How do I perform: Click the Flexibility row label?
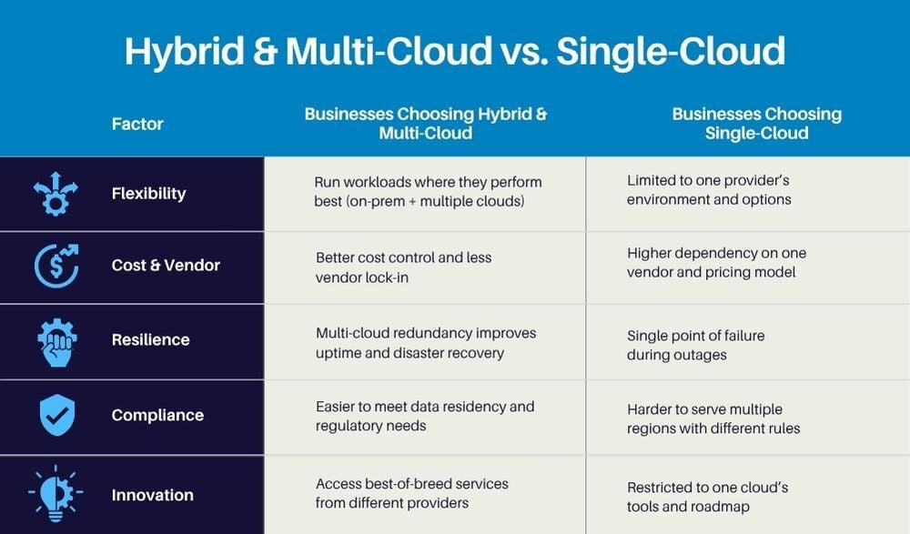[148, 193]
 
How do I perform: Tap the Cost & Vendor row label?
[166, 266]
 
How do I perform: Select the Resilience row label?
[150, 339]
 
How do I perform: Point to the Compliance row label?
[157, 415]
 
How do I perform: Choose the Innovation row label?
[152, 495]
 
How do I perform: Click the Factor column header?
[137, 124]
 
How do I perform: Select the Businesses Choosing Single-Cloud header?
[756, 124]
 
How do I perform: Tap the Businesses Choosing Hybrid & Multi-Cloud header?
[426, 124]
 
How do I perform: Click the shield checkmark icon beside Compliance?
[56, 415]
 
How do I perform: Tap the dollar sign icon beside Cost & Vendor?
[56, 266]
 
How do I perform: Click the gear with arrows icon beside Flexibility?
[56, 193]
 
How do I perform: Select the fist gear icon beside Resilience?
[56, 339]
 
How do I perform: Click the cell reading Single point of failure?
[695, 345]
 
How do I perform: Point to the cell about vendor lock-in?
[404, 267]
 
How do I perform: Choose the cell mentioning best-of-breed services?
[412, 493]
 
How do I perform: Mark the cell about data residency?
[425, 416]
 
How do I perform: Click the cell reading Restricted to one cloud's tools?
[707, 497]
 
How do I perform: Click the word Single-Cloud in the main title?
[671, 51]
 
